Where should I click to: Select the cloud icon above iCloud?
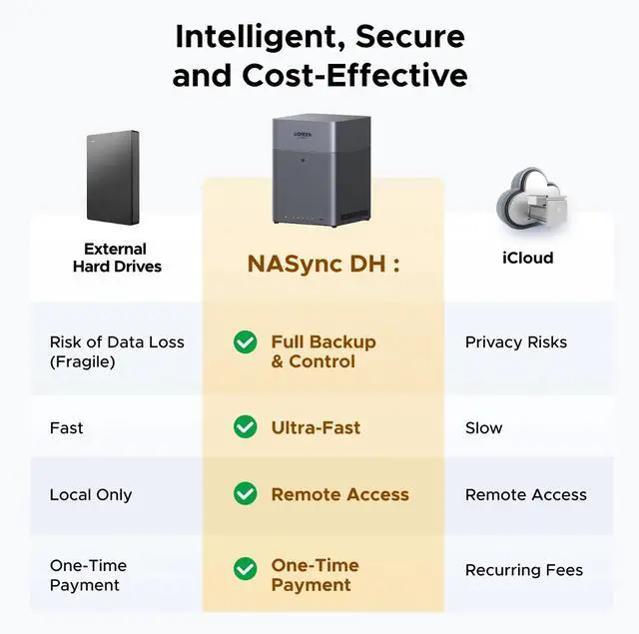click(x=525, y=199)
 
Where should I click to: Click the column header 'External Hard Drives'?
click(x=116, y=258)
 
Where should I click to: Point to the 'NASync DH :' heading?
click(x=323, y=265)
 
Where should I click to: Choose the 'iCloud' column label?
click(x=527, y=258)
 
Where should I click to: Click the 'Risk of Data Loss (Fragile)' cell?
click(x=117, y=351)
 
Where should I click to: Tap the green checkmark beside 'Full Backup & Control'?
click(x=245, y=342)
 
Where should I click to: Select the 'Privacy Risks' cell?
click(x=515, y=342)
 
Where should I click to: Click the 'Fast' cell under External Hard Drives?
click(x=67, y=427)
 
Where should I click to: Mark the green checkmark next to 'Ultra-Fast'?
click(x=245, y=427)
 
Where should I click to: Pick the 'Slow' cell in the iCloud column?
click(x=484, y=427)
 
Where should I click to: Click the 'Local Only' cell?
click(x=91, y=494)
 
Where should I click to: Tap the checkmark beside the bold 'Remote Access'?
click(x=245, y=493)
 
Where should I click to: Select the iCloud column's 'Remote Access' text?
click(x=525, y=494)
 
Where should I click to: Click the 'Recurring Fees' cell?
click(x=523, y=570)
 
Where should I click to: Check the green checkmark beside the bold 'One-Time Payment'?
click(x=245, y=568)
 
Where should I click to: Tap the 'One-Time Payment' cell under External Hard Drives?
click(x=88, y=575)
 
